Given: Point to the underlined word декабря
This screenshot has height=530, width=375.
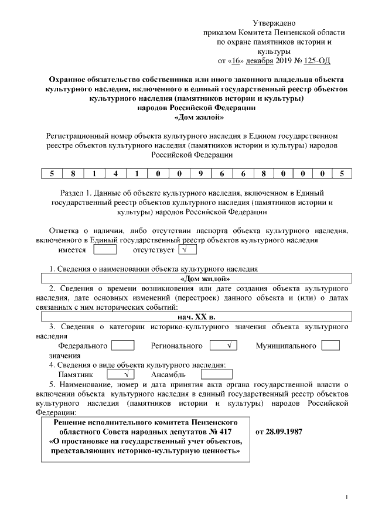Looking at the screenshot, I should (259, 60).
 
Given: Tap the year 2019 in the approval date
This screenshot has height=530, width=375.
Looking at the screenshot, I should (284, 60).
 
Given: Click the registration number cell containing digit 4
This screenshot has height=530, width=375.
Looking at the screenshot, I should (116, 173).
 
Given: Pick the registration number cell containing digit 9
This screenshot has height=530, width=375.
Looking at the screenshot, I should (200, 173).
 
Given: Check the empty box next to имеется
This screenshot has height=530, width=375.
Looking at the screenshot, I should (105, 250).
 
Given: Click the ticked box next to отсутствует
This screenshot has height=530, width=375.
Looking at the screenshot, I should (186, 250).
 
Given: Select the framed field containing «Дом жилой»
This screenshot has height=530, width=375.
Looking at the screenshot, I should (196, 279).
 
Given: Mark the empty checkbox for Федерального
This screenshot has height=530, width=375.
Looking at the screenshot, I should (122, 346).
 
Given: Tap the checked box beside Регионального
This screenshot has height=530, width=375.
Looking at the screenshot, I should (223, 346).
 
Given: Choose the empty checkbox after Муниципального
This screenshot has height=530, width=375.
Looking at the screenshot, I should (330, 346).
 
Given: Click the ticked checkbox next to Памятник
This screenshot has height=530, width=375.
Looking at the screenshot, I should (121, 374).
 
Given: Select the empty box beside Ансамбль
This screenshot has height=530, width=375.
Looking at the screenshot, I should (216, 374).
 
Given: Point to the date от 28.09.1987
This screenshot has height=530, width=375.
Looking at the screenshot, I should (279, 432).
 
